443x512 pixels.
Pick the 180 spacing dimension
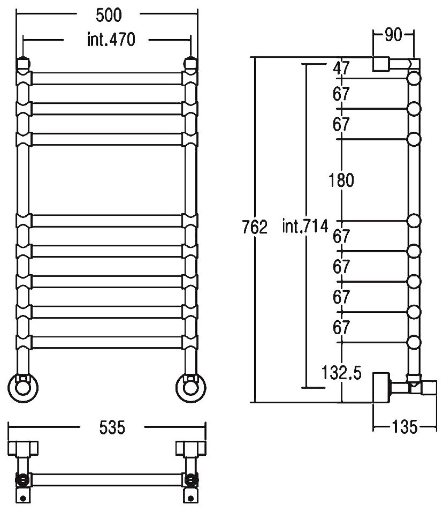tap(342, 180)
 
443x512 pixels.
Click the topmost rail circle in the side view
tap(414, 79)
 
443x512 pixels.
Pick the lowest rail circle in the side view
tap(414, 341)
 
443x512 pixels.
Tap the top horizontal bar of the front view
tap(107, 78)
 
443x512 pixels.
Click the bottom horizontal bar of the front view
tap(107, 342)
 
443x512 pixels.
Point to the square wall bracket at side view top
tap(381, 63)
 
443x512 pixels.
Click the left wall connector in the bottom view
tap(24, 447)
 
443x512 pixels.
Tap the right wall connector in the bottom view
tap(190, 447)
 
